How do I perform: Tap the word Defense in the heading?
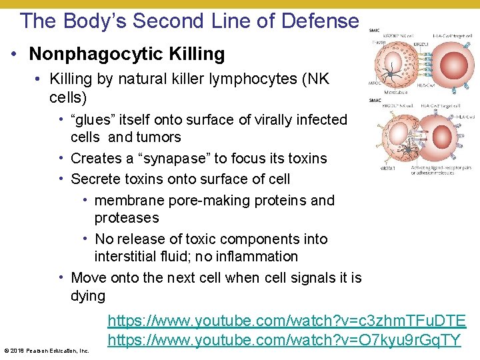tap(320, 21)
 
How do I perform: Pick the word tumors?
tap(159, 137)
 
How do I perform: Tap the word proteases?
tap(127, 218)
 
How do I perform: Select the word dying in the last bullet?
tap(88, 296)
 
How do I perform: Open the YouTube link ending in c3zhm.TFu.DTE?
tap(287, 322)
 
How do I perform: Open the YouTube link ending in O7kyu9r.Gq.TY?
tap(284, 340)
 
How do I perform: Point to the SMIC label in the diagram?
tap(375, 31)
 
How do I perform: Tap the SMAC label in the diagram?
tap(375, 100)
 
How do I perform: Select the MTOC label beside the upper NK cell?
tap(375, 84)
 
